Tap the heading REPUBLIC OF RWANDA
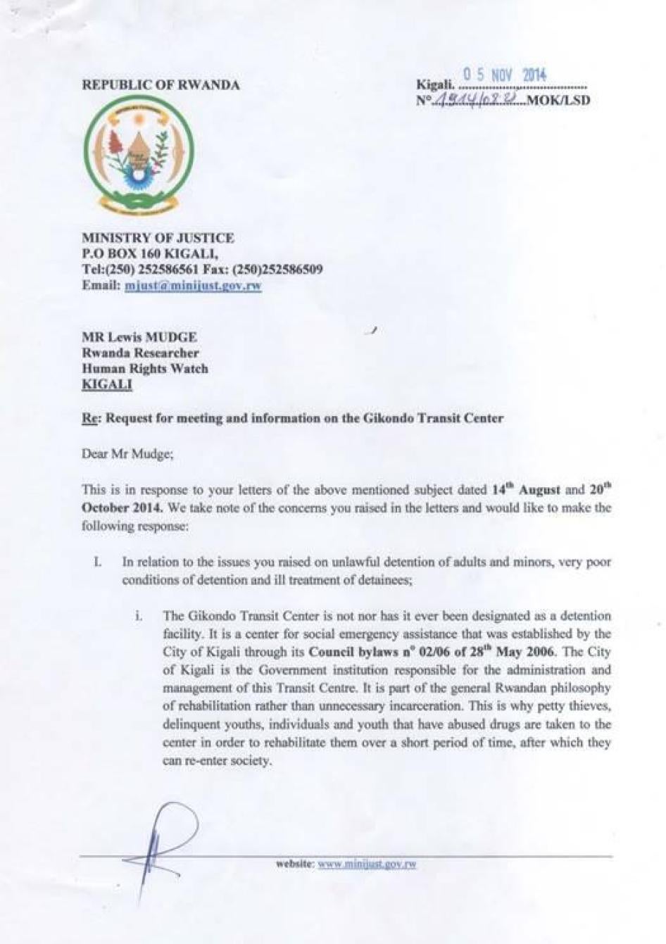click(x=161, y=85)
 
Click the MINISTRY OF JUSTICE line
click(x=158, y=238)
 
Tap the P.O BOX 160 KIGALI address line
click(x=150, y=253)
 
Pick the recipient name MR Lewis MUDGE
click(x=139, y=338)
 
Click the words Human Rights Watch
click(x=145, y=368)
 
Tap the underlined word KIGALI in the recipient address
click(x=107, y=384)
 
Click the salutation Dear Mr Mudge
click(x=127, y=454)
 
